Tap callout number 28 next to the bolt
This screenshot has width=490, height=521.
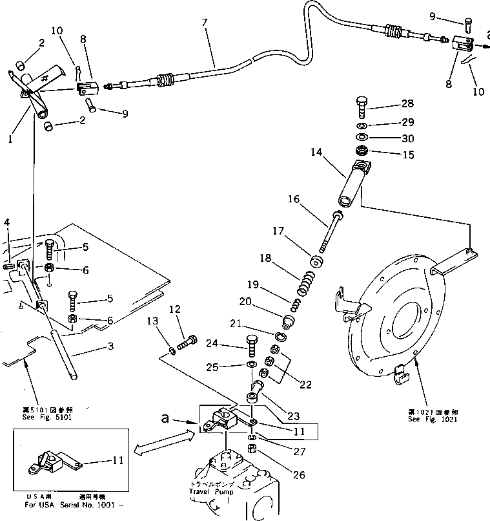(x=407, y=103)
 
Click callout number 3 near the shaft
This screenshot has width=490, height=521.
(x=110, y=346)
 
